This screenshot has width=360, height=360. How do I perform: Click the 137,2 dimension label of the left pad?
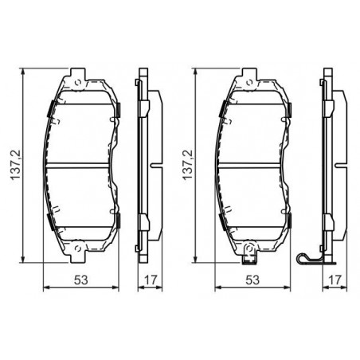click(15, 165)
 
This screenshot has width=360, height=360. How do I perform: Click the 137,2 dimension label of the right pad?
click(187, 165)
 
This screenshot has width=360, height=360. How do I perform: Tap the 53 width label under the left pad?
click(80, 280)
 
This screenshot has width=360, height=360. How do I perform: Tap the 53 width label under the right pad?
click(252, 280)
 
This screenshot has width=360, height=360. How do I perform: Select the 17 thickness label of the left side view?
click(151, 280)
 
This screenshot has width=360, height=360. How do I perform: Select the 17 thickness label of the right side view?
click(335, 280)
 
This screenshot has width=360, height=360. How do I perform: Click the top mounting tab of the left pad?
click(78, 74)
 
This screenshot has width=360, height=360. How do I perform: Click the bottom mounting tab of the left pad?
click(78, 256)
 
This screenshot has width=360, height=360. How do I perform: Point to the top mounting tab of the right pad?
click(249, 74)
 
